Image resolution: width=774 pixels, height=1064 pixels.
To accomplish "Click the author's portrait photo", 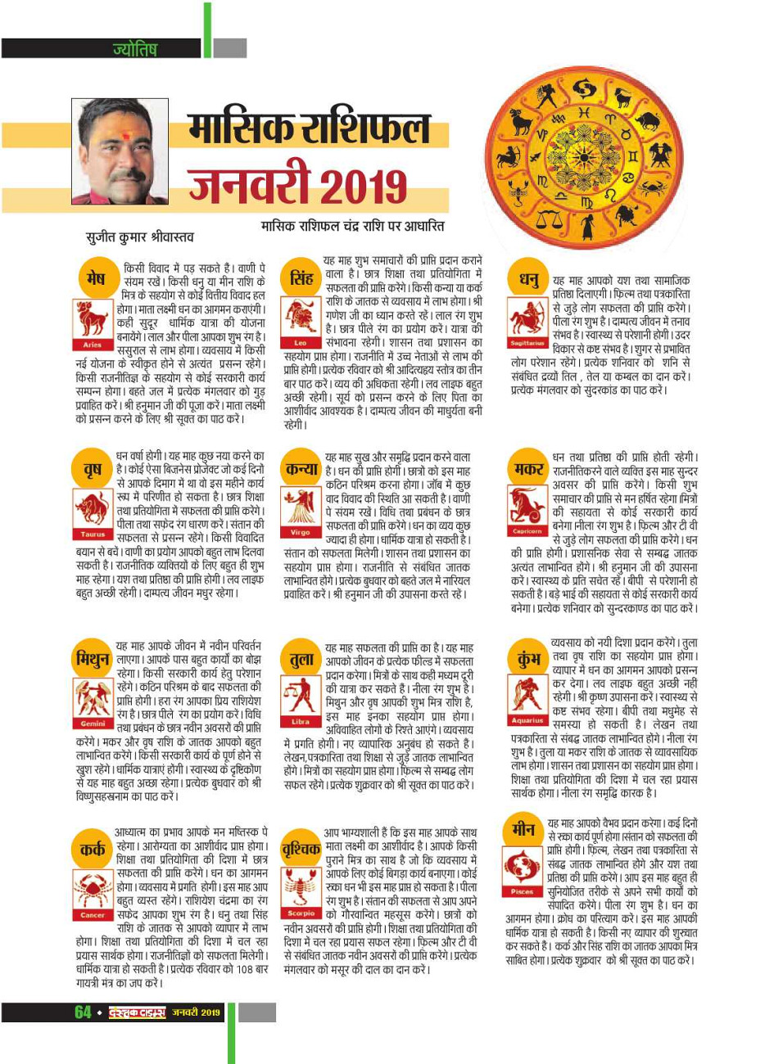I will (x=120, y=151).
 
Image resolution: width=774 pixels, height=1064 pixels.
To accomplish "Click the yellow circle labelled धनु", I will (x=527, y=280).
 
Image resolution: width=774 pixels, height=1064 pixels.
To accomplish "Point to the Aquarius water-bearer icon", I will (x=526, y=695).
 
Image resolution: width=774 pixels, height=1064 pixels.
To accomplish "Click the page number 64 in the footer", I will (x=83, y=1012).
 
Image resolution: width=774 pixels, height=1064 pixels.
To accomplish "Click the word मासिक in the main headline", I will (x=238, y=129).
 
